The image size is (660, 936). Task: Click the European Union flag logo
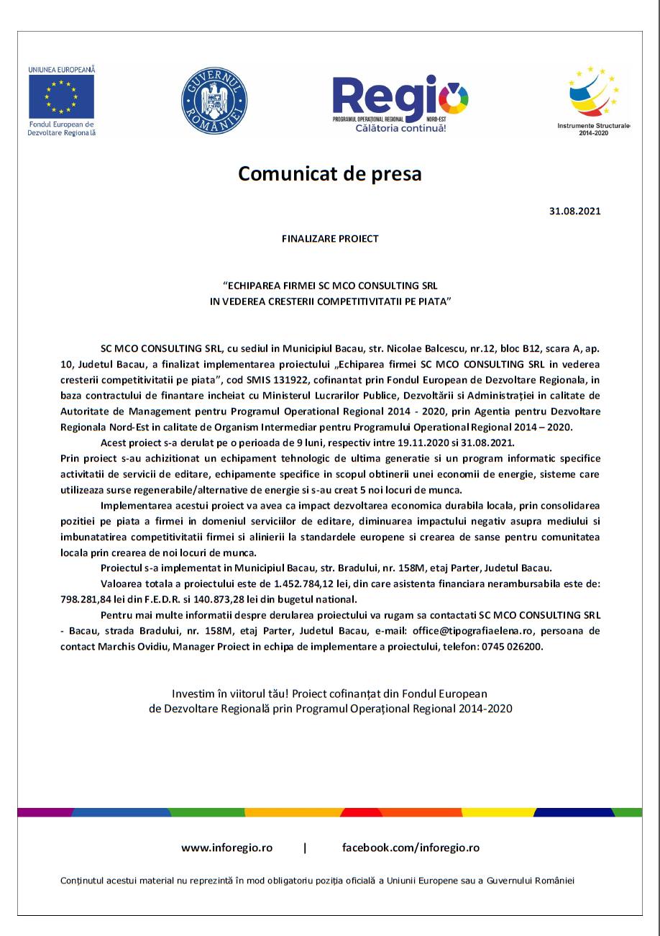(x=62, y=96)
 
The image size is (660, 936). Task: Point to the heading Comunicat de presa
(x=330, y=174)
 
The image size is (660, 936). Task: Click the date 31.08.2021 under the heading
(x=574, y=212)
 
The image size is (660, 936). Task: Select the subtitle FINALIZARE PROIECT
(x=330, y=239)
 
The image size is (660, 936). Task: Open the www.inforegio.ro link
(x=226, y=848)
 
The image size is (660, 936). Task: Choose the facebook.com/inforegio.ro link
(x=411, y=848)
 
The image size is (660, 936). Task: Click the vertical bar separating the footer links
(x=305, y=848)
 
